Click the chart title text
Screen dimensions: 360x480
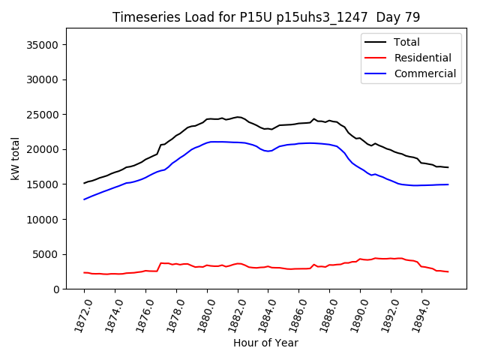(x=266, y=17)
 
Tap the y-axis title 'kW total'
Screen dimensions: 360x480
(x=15, y=158)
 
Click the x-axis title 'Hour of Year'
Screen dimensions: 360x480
(x=266, y=343)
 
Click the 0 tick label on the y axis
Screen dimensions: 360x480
(x=57, y=289)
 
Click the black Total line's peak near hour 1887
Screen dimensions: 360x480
(x=314, y=118)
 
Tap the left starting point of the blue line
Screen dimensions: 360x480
(x=84, y=199)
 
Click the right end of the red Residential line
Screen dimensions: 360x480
(x=448, y=271)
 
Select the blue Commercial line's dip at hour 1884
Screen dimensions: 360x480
(x=268, y=151)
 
